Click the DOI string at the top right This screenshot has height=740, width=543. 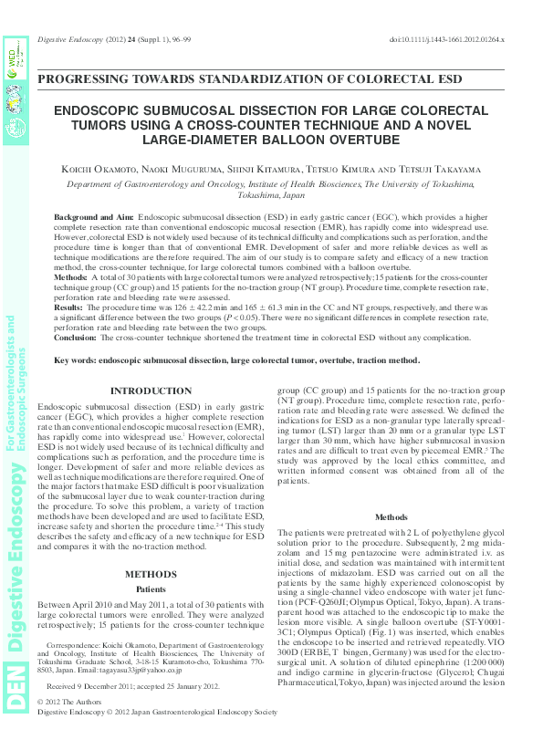(x=447, y=41)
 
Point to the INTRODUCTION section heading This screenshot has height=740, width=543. (x=150, y=391)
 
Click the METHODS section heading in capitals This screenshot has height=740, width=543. (x=150, y=574)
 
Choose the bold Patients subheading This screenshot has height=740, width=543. (x=150, y=589)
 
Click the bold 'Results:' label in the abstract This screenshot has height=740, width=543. (x=70, y=308)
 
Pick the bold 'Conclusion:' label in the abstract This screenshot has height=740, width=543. (x=77, y=337)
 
